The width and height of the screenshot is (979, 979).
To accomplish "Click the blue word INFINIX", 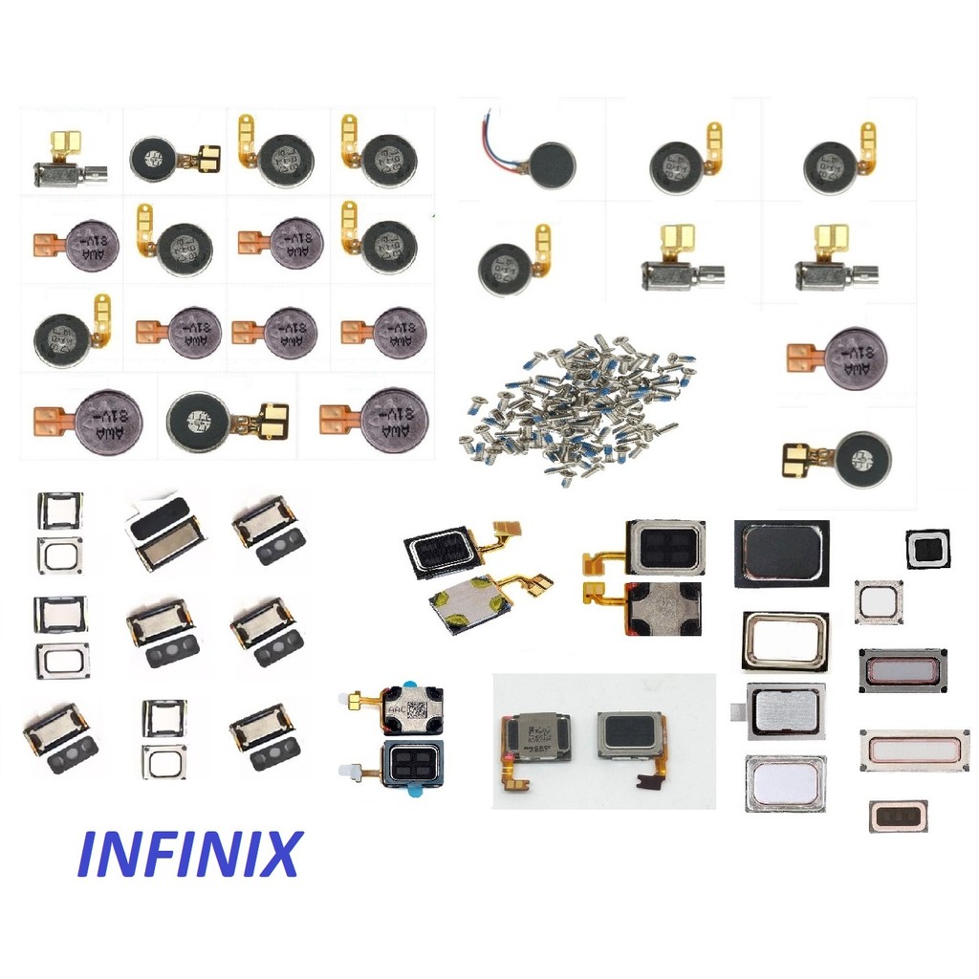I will [x=188, y=854].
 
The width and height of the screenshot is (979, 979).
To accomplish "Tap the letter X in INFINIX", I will [x=277, y=854].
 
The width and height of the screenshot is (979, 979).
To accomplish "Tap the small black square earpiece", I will [x=927, y=549].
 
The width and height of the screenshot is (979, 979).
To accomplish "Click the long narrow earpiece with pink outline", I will [x=915, y=751].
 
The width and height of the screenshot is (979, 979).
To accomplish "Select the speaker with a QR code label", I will [x=411, y=708].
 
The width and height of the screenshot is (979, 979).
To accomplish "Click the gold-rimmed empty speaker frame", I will [x=785, y=641].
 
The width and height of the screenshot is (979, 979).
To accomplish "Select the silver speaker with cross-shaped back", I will [x=664, y=607].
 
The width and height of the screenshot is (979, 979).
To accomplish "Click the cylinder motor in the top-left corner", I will [x=67, y=172].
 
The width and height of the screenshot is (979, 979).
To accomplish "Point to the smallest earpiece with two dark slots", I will [x=898, y=816].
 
